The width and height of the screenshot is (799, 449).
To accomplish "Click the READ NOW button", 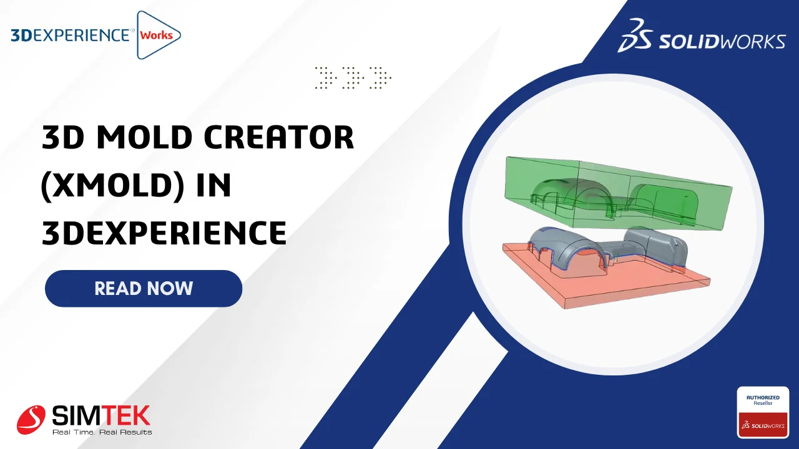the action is pyautogui.click(x=144, y=288).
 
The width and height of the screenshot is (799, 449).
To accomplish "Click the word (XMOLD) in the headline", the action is pyautogui.click(x=113, y=185).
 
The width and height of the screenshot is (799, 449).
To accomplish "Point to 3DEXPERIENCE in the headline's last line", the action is pyautogui.click(x=164, y=233).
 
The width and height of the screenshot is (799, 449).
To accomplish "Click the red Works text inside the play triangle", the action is pyautogui.click(x=156, y=36).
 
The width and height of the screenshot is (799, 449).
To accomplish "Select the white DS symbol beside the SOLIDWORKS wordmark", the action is pyautogui.click(x=635, y=36).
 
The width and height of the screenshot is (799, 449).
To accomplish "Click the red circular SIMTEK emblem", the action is pyautogui.click(x=31, y=420).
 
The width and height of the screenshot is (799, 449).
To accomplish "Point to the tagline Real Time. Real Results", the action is pyautogui.click(x=102, y=432).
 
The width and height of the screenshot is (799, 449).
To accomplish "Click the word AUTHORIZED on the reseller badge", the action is pyautogui.click(x=763, y=397).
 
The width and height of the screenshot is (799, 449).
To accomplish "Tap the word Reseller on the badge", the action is pyautogui.click(x=763, y=403).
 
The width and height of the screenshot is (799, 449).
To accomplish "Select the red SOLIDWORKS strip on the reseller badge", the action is pyautogui.click(x=763, y=425).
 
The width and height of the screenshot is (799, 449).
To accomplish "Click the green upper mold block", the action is pyautogui.click(x=618, y=193).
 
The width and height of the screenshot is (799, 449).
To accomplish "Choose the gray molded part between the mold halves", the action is pyautogui.click(x=606, y=249).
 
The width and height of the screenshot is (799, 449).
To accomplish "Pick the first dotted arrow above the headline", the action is pyautogui.click(x=326, y=77).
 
